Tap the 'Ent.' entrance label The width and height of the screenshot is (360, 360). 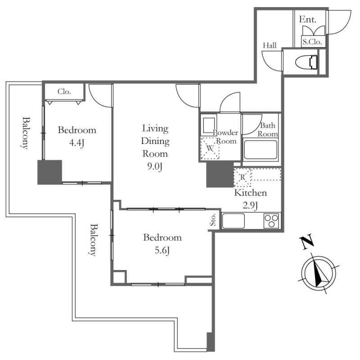tap(308, 20)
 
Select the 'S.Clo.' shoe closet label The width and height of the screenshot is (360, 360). tap(311, 42)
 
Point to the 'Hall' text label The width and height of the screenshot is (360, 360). tap(270, 45)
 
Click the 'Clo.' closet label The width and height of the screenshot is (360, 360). tap(64, 91)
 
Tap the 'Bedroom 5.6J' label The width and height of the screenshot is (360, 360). tap(162, 243)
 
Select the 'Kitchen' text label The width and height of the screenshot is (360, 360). tap(251, 193)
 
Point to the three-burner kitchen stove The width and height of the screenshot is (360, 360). tap(271, 221)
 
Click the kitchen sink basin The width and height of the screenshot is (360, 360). tap(234, 221)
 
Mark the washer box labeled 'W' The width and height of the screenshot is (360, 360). tap(210, 148)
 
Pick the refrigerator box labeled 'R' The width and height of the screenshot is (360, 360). tap(242, 177)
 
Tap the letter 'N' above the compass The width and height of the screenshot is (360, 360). tap(307, 243)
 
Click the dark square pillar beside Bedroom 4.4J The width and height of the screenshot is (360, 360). tap(49, 172)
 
